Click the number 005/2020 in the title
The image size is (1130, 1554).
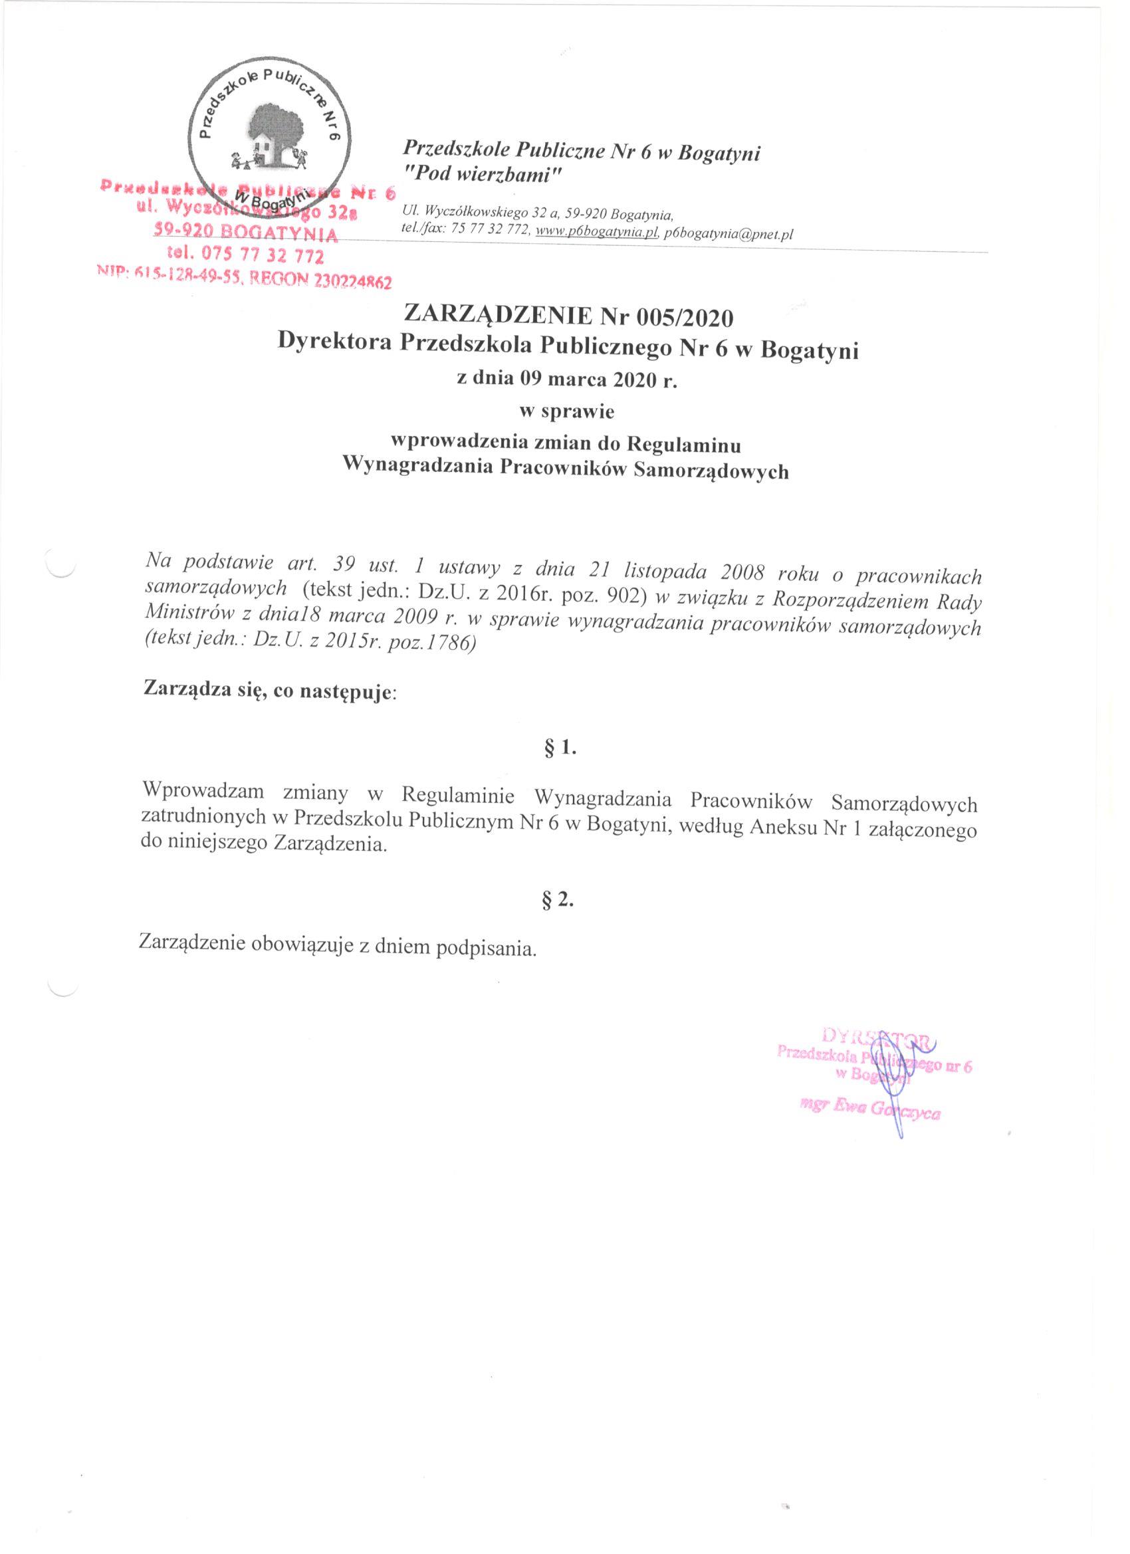point(685,316)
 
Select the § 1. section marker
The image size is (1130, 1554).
point(558,748)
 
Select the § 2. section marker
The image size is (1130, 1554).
point(557,902)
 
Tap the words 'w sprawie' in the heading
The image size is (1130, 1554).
point(566,412)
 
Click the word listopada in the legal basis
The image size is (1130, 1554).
point(657,571)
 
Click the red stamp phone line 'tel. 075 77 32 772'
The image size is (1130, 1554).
point(245,257)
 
